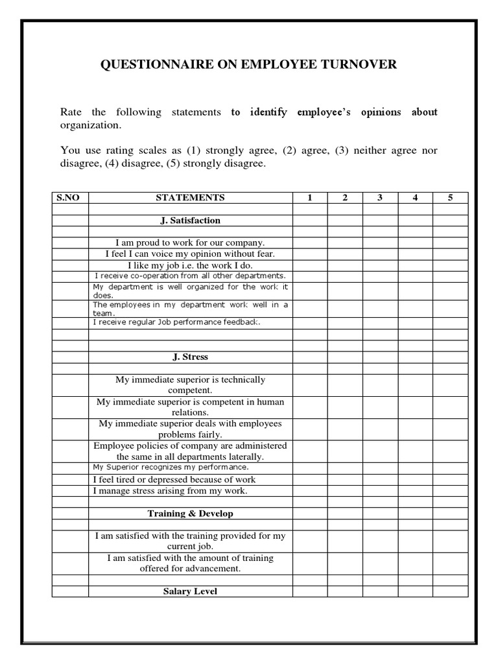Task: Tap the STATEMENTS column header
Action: tap(190, 198)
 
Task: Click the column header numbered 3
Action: tap(380, 198)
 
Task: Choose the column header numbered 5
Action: tap(450, 198)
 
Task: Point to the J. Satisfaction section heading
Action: tap(190, 220)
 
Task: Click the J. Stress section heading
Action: tap(190, 357)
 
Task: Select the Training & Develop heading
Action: tap(190, 514)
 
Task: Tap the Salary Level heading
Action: tap(190, 591)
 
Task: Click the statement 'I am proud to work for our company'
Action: tap(190, 243)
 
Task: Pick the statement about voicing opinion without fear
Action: tap(190, 254)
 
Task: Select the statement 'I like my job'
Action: tap(190, 265)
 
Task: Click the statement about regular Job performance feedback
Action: tap(176, 322)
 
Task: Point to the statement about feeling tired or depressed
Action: tap(174, 480)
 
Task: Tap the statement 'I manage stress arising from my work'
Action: tap(171, 491)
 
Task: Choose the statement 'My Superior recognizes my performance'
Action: tap(171, 467)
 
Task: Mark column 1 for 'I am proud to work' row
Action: tap(310, 243)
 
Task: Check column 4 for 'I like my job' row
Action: tap(415, 265)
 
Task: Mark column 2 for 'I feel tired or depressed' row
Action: tap(345, 480)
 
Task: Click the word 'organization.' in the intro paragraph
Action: tap(90, 124)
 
